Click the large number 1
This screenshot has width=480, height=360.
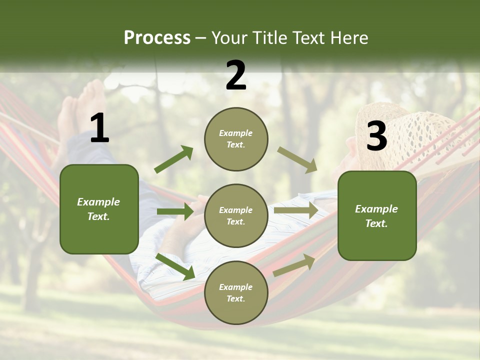pyautogui.click(x=99, y=128)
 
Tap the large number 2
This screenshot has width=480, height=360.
pyautogui.click(x=236, y=75)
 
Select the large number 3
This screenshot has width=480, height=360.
pyautogui.click(x=376, y=136)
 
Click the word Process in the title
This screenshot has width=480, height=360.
pyautogui.click(x=157, y=37)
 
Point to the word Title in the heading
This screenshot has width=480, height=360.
pyautogui.click(x=269, y=37)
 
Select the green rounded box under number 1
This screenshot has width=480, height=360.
pyautogui.click(x=99, y=209)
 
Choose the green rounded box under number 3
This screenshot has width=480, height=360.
pyautogui.click(x=377, y=215)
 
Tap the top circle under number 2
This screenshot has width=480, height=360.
pyautogui.click(x=236, y=139)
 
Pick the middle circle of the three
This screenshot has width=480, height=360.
pyautogui.click(x=236, y=215)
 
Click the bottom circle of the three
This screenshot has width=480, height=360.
pyautogui.click(x=236, y=292)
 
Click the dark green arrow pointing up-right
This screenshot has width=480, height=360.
pyautogui.click(x=174, y=159)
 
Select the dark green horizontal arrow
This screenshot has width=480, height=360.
pyautogui.click(x=175, y=211)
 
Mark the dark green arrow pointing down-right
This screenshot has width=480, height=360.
pyautogui.click(x=175, y=266)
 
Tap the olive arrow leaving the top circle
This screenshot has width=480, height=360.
pyautogui.click(x=297, y=159)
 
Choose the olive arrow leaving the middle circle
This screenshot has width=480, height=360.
pyautogui.click(x=296, y=210)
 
